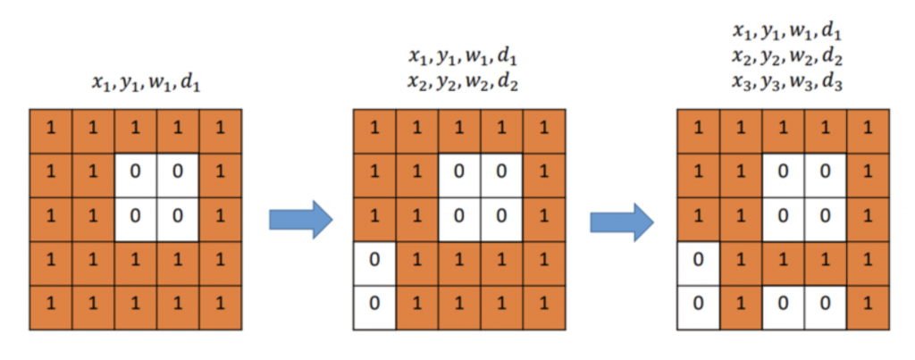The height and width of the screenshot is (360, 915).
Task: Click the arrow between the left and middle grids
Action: coord(300,219)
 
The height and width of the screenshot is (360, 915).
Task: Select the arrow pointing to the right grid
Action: coord(621,219)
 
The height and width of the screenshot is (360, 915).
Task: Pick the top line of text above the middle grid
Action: coord(463,58)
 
